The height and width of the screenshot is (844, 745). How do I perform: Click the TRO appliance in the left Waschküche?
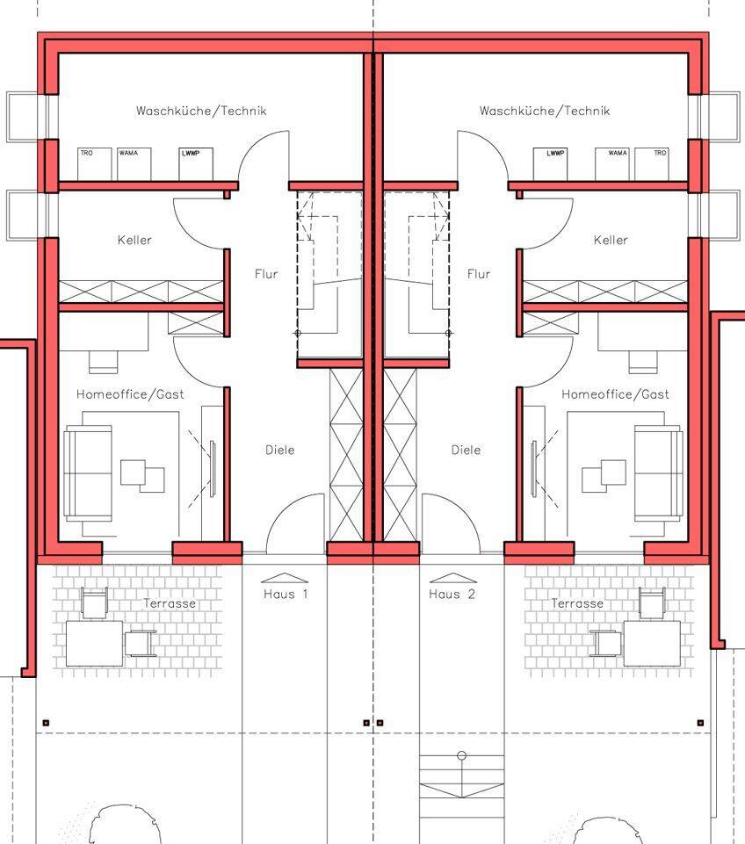coord(95,164)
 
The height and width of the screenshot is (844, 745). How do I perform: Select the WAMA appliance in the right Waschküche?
coord(612,164)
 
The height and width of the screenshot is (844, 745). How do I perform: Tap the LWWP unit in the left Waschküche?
coord(196,164)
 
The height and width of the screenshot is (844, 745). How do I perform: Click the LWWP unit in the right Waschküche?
coord(550,164)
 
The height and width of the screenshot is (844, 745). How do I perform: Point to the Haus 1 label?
coord(286,595)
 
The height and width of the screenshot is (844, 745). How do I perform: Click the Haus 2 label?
coord(452,595)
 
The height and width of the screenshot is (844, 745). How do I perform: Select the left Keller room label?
coord(134,240)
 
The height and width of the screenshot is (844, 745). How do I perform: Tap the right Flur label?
coord(479,274)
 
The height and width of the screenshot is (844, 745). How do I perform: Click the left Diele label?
coord(280,450)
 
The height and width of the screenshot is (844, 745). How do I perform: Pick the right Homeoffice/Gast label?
coord(615,394)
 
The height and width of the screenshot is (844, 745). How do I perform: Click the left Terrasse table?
coord(94,643)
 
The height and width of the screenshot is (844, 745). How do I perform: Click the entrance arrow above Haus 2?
coord(452,578)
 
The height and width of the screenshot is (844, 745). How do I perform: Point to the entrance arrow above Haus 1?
coord(285,578)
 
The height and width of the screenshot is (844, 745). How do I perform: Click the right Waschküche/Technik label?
coord(545,111)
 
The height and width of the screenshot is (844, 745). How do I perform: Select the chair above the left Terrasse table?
coord(94,602)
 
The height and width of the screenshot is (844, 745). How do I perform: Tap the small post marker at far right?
coord(700,723)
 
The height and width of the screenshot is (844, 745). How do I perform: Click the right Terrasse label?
coord(577,603)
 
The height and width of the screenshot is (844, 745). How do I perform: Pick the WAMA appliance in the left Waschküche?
coord(134,164)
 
